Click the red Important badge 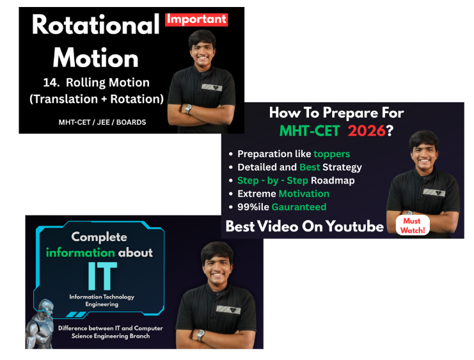[x=196, y=19]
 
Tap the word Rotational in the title [x=95, y=26]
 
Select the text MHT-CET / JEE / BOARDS [x=102, y=121]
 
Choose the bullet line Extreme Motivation [x=283, y=193]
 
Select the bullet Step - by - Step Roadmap [x=296, y=180]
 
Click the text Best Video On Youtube [x=304, y=226]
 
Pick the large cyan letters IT [x=102, y=276]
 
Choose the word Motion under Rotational [x=95, y=58]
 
